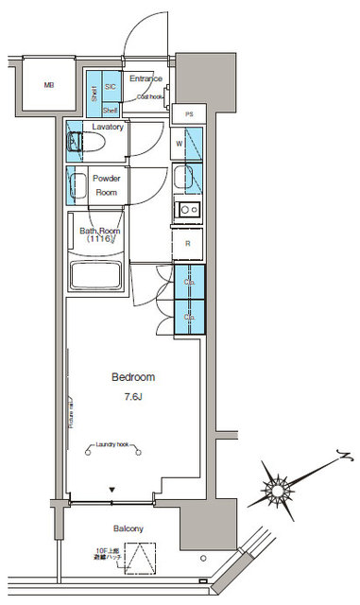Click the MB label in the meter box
click(x=48, y=86)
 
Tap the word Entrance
click(x=146, y=78)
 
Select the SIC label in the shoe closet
click(x=111, y=86)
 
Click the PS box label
click(x=189, y=113)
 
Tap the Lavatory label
click(x=109, y=127)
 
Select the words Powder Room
click(x=105, y=184)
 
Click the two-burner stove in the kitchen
click(x=188, y=209)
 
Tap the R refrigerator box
click(x=188, y=243)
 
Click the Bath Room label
click(x=99, y=233)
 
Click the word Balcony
click(x=124, y=528)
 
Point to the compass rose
click(x=279, y=488)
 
